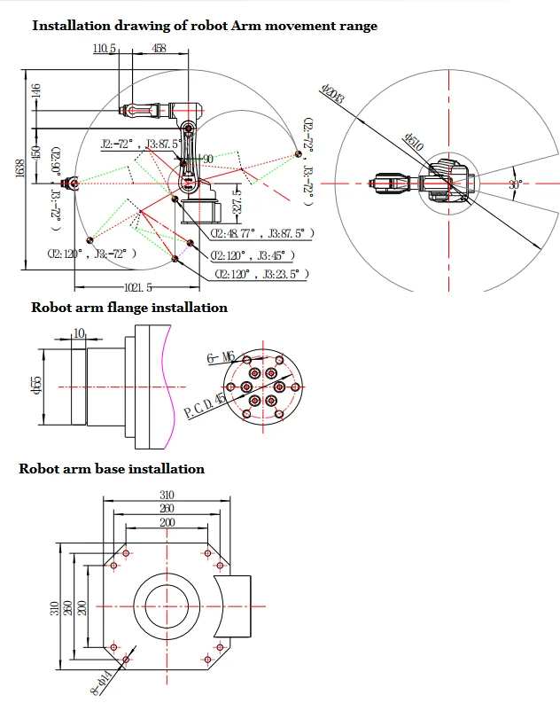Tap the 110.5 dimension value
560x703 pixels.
coord(105,49)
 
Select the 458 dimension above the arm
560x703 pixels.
coord(159,49)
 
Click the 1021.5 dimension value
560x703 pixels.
coord(137,287)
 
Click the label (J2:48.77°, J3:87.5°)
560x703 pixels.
coord(262,233)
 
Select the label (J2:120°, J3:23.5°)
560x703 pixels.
coord(261,275)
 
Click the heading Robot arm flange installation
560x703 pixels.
coord(129,308)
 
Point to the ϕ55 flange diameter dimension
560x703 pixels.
coord(36,387)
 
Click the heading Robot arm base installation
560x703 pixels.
coord(112,468)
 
